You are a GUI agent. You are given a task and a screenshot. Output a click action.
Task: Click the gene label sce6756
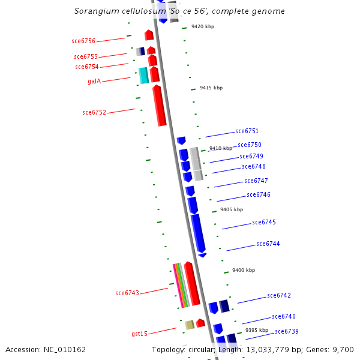click(83, 41)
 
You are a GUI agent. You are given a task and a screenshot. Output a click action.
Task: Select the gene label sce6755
click(86, 56)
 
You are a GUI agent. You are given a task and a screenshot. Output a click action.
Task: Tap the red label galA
click(94, 81)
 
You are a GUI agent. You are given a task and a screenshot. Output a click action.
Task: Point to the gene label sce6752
click(94, 112)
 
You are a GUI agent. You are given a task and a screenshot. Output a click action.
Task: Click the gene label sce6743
click(127, 293)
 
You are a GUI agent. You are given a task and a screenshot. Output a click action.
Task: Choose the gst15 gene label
click(139, 333)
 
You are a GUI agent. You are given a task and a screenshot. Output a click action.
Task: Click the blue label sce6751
click(247, 131)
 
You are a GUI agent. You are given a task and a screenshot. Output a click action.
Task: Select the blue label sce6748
click(254, 166)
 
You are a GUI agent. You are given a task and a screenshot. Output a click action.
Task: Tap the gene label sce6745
click(264, 222)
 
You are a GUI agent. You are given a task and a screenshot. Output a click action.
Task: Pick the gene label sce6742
click(279, 295)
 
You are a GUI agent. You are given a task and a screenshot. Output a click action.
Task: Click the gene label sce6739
click(287, 331)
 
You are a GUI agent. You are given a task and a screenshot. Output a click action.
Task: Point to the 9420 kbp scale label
click(203, 27)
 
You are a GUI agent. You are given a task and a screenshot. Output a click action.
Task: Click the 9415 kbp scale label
click(211, 88)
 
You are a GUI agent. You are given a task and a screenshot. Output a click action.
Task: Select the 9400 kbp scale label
click(244, 271)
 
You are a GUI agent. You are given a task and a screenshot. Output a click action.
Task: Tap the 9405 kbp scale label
click(232, 209)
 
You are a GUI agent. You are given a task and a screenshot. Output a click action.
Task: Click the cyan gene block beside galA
click(143, 76)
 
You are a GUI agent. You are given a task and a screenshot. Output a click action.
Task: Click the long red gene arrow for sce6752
click(159, 106)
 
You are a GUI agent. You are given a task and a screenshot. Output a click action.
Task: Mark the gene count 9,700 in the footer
click(342, 349)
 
